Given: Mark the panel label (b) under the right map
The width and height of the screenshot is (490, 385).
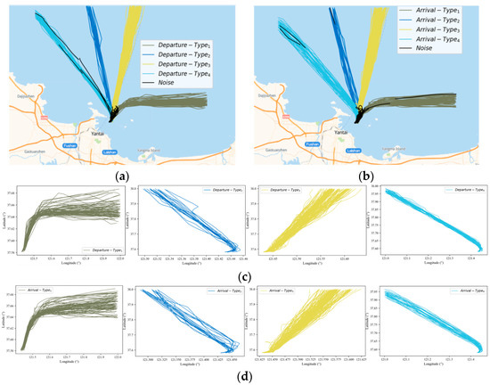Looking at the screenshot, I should point(366,175).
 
